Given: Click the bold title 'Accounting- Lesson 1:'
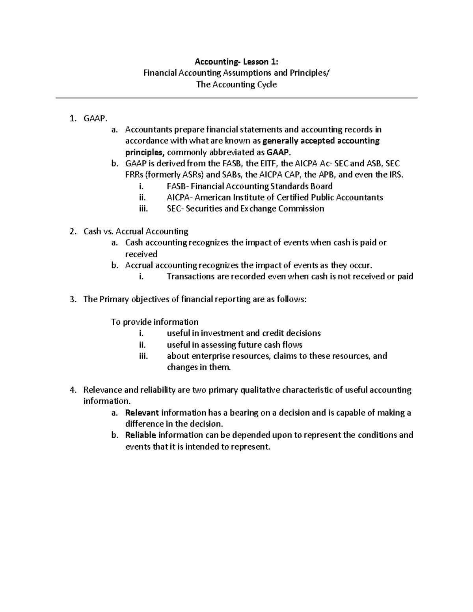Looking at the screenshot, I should [x=236, y=61].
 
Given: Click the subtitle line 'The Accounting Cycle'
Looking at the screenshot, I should [x=236, y=84].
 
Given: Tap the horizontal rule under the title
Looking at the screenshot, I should [x=236, y=98].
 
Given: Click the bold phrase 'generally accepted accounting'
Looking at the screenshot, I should [x=321, y=141].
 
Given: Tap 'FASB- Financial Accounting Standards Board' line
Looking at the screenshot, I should [x=250, y=186].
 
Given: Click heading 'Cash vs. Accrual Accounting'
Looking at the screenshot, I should [x=136, y=231].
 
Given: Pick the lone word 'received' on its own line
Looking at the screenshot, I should [x=141, y=254].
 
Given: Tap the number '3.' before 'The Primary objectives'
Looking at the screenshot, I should [x=73, y=299].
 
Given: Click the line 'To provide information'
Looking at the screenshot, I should [x=155, y=322].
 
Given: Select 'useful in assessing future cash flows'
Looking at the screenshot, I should [x=235, y=345].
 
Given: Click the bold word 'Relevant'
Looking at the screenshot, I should [x=142, y=413].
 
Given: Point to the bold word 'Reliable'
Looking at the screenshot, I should [x=141, y=435].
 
